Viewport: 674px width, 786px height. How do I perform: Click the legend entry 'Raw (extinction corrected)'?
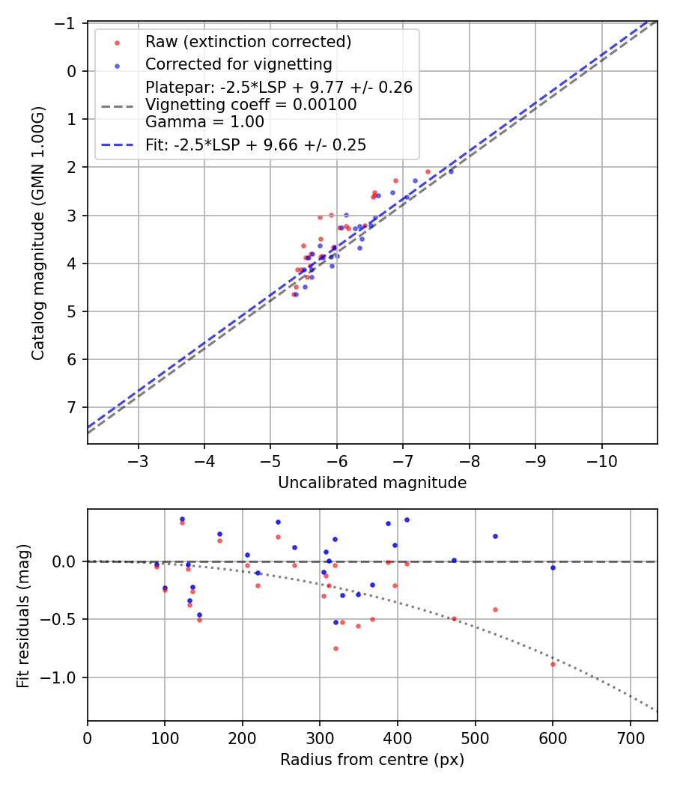tap(248, 42)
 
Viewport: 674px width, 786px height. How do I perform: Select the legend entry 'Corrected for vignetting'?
tap(238, 64)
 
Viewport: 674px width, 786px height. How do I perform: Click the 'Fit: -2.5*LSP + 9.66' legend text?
tap(255, 145)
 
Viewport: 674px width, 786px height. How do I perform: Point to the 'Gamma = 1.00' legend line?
tap(204, 121)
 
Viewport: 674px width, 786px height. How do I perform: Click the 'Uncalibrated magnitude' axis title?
tap(372, 483)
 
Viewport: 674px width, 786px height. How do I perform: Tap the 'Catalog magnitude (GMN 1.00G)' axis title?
tap(38, 233)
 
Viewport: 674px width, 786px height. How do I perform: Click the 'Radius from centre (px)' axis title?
tap(372, 760)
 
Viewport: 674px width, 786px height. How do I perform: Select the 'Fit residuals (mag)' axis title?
tap(23, 615)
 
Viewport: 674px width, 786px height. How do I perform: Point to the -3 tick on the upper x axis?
tap(139, 460)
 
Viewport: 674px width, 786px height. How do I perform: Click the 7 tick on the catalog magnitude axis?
tap(72, 407)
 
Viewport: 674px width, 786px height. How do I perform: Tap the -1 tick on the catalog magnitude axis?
tap(68, 23)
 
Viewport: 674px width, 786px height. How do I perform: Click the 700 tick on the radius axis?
tap(630, 737)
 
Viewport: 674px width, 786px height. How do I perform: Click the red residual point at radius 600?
tap(553, 664)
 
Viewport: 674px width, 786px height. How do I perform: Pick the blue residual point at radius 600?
tap(553, 567)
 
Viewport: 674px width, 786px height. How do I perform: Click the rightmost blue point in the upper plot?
tap(451, 171)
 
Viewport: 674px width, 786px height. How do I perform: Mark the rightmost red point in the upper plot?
tap(428, 171)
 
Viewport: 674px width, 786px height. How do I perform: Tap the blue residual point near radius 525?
tap(495, 536)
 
